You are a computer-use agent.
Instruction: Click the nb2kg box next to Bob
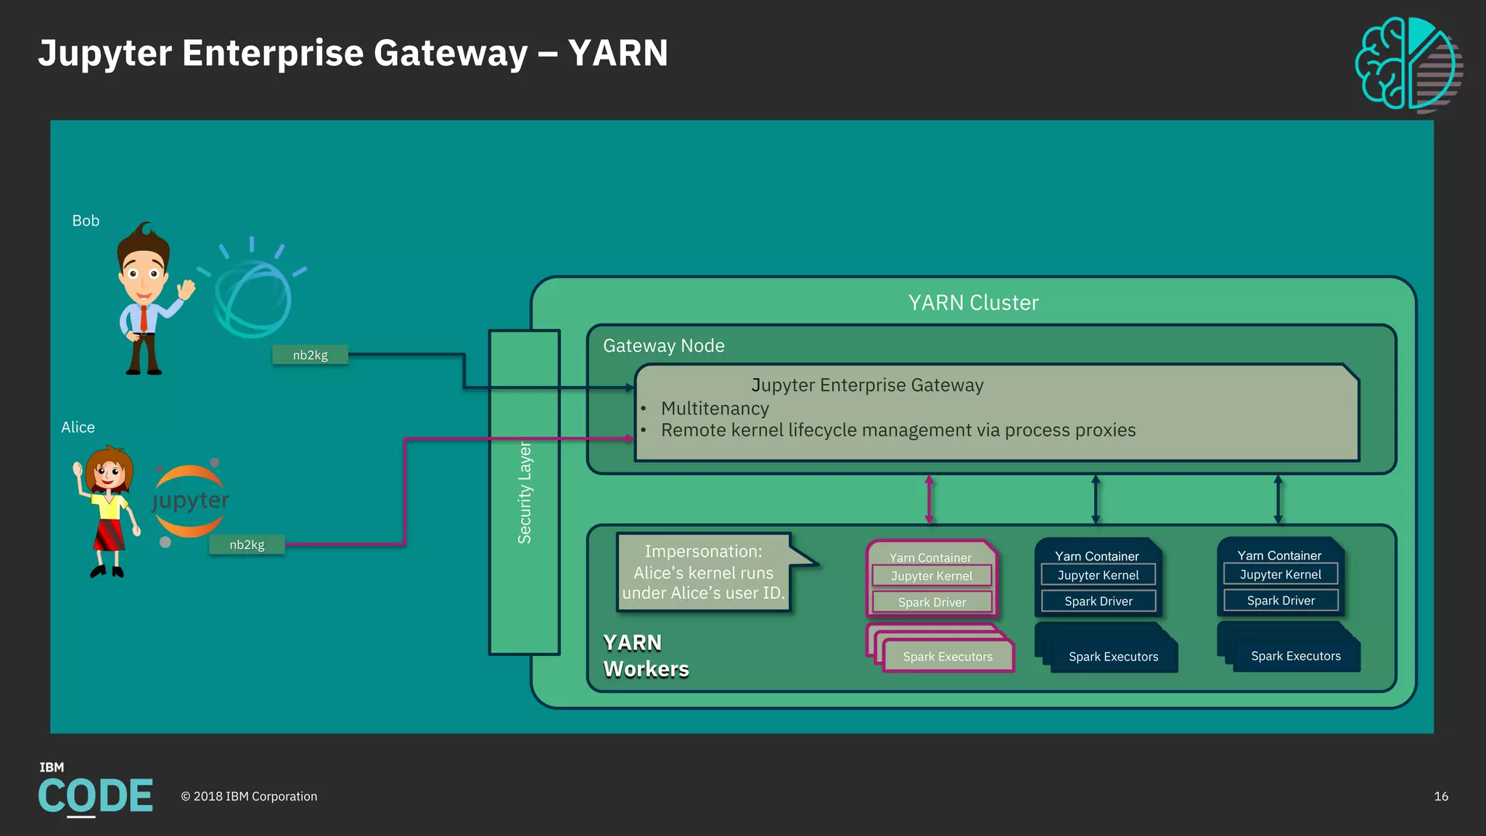tap(310, 355)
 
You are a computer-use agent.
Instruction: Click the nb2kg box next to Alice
tap(247, 545)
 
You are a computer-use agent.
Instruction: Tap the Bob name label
tap(86, 221)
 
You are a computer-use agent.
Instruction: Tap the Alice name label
tap(78, 427)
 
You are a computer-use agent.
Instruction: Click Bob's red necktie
tap(144, 318)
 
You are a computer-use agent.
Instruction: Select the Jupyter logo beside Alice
tap(190, 501)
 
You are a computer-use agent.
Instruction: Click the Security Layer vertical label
tap(525, 493)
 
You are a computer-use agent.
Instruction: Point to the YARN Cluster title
tap(973, 303)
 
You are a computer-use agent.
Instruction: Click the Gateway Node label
tap(663, 345)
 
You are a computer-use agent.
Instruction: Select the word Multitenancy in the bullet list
tap(715, 409)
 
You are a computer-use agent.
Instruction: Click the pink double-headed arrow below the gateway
tap(929, 499)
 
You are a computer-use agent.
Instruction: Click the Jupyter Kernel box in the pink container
tap(932, 576)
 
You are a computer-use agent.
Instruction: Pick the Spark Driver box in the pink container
tap(932, 602)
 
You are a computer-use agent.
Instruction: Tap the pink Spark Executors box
tap(948, 657)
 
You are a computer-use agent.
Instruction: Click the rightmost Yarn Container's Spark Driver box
tap(1281, 601)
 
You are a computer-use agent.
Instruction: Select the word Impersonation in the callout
tap(702, 552)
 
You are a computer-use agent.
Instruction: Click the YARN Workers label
tap(645, 656)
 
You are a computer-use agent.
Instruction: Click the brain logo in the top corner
tap(1408, 65)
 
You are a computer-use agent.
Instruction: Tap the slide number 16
tap(1440, 797)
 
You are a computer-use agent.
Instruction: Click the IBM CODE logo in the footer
tap(95, 791)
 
